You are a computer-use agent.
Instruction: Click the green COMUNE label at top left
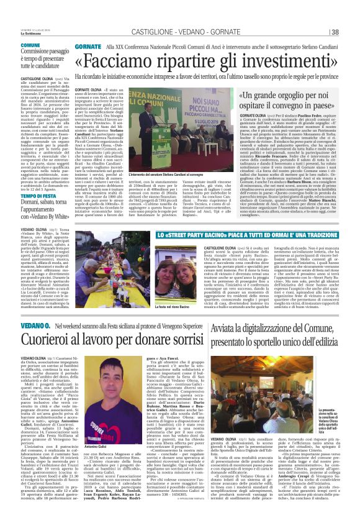30,45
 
